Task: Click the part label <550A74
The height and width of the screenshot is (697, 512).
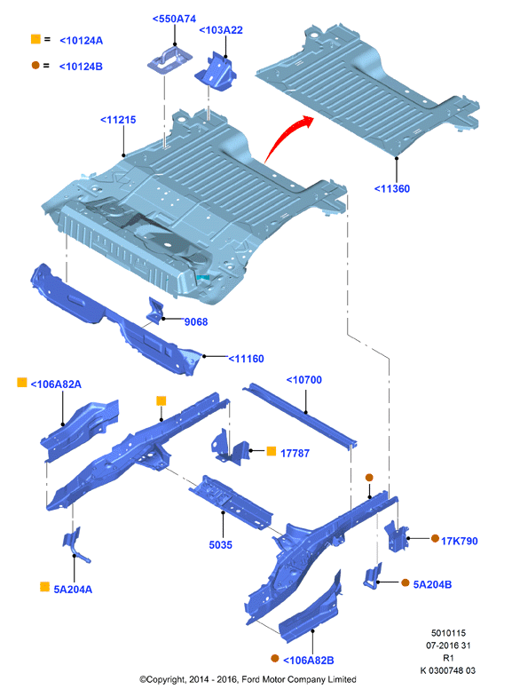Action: coord(174,19)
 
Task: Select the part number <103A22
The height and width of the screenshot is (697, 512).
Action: coord(221,30)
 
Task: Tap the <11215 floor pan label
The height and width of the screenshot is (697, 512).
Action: coord(118,120)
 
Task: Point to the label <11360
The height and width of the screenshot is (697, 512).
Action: coord(392,188)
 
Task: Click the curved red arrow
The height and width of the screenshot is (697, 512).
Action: coord(284,136)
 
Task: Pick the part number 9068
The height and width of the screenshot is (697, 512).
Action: coord(196,321)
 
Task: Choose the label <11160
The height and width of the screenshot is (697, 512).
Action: coord(246,359)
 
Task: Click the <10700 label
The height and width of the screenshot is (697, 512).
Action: coord(304,380)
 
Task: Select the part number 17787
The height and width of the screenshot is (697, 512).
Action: coord(295,453)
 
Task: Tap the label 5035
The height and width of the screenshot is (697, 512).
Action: coord(221,544)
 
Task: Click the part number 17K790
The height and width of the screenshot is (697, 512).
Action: coord(459,541)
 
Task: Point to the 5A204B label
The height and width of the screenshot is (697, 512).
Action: coord(432,584)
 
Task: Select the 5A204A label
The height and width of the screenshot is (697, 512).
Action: coord(73,590)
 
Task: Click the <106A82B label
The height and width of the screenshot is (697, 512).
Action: coord(309,661)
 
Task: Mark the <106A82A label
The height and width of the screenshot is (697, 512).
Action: coord(56,384)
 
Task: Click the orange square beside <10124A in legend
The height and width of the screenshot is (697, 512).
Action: coord(35,39)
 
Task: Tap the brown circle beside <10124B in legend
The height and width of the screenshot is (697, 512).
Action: coord(35,66)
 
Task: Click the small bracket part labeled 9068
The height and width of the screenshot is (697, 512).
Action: coord(155,310)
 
